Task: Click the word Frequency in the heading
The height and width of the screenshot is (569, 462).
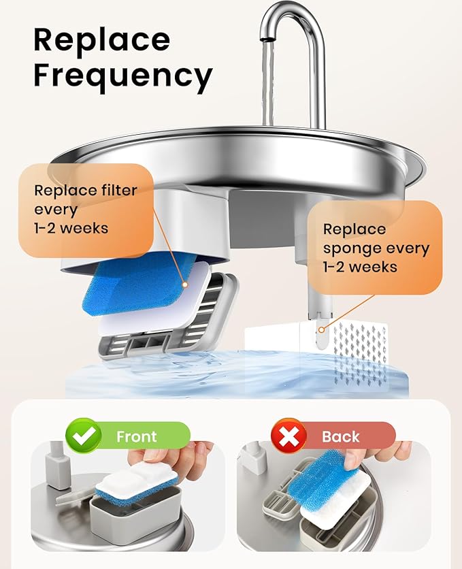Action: [122, 77]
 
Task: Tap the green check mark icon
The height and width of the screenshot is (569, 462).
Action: [83, 436]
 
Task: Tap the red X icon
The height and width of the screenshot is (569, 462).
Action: [288, 436]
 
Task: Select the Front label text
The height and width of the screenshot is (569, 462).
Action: [136, 436]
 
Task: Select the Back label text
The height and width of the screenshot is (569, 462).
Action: [340, 436]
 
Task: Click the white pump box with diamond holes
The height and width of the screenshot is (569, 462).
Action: [354, 347]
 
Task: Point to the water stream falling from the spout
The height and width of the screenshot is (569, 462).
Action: [268, 82]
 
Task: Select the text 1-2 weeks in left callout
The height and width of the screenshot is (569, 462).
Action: [71, 227]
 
